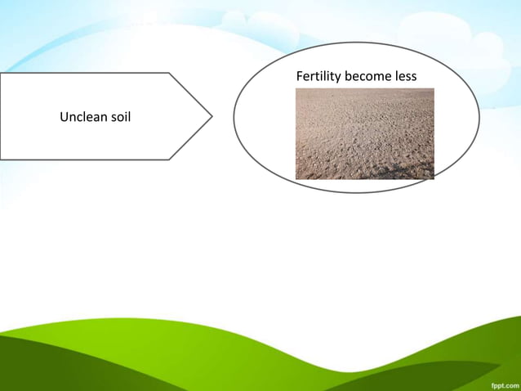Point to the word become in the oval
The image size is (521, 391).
tap(369, 77)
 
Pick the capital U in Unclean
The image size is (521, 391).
tap(64, 118)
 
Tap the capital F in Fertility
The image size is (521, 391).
tap(299, 77)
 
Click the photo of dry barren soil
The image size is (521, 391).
tap(364, 133)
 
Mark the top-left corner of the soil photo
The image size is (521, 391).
tap(296, 88)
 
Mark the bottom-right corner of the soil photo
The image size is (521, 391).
tap(434, 178)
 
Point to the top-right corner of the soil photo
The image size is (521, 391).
tap(434, 88)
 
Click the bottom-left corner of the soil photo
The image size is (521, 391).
tap(296, 178)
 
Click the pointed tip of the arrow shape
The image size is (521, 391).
tap(212, 116)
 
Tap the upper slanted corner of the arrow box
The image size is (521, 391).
tap(169, 73)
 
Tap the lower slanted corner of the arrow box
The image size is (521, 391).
tap(169, 160)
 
